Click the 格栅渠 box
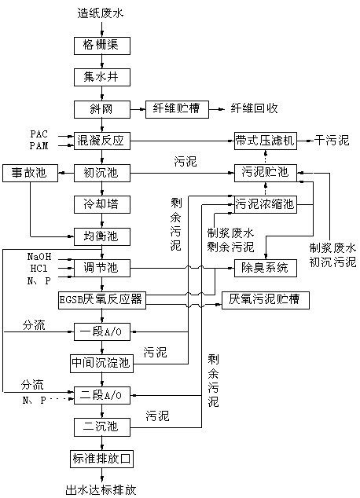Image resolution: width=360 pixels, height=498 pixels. pyautogui.click(x=102, y=46)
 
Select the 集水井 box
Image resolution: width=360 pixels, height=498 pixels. pyautogui.click(x=102, y=78)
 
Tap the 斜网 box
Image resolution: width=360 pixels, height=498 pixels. pyautogui.click(x=102, y=109)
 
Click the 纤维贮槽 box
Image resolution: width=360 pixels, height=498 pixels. pyautogui.click(x=177, y=109)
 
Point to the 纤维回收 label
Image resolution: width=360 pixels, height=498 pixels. pyautogui.click(x=254, y=108)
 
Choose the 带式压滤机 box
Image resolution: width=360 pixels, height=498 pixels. pyautogui.click(x=266, y=141)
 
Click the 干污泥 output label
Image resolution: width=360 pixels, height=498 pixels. pyautogui.click(x=332, y=140)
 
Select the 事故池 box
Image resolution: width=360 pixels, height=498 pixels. pyautogui.click(x=30, y=173)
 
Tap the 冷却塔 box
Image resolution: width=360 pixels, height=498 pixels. pyautogui.click(x=102, y=204)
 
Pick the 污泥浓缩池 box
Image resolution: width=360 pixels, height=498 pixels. pyautogui.click(x=266, y=204)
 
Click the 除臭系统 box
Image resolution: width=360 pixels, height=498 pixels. pyautogui.click(x=266, y=268)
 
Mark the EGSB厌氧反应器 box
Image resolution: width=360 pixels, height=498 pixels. pyautogui.click(x=102, y=300)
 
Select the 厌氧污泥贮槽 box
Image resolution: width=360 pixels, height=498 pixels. pyautogui.click(x=266, y=300)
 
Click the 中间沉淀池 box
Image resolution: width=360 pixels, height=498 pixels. pyautogui.click(x=101, y=364)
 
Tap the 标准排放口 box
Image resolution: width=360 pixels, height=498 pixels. pyautogui.click(x=101, y=459)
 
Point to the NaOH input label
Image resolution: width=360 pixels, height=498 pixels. pyautogui.click(x=39, y=257)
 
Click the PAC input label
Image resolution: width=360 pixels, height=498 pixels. pyautogui.click(x=39, y=134)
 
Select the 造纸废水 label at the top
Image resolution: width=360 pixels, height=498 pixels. pyautogui.click(x=101, y=13)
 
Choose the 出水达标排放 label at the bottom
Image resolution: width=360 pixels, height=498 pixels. pyautogui.click(x=101, y=490)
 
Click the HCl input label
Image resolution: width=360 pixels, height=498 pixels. pyautogui.click(x=39, y=269)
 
